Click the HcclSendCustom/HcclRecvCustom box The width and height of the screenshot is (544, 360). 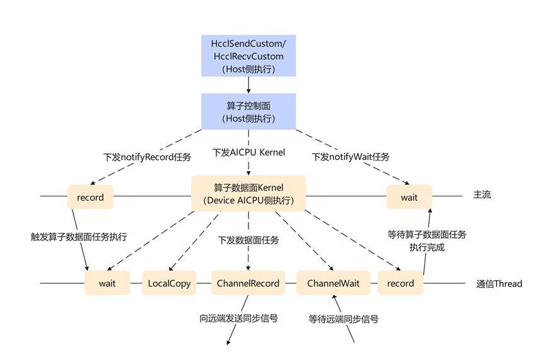[x=248, y=56]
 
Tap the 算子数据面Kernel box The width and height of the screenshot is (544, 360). [x=248, y=193]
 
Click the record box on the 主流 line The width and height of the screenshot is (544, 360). [x=90, y=197]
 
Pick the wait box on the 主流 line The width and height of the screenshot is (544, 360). [x=409, y=197]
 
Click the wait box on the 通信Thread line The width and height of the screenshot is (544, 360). [x=108, y=283]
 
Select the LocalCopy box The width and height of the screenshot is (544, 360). [x=169, y=283]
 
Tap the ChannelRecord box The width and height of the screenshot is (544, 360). [x=248, y=283]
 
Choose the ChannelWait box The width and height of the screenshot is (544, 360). [x=333, y=283]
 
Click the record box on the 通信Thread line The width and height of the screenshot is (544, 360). [x=401, y=283]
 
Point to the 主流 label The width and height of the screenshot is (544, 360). [x=482, y=195]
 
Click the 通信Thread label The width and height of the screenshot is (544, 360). [x=499, y=284]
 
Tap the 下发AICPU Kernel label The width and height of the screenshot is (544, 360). [x=248, y=152]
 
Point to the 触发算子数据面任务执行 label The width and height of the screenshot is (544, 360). [x=79, y=237]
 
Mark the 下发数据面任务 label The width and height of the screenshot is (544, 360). [x=248, y=240]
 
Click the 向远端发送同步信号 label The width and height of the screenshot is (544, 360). [x=238, y=318]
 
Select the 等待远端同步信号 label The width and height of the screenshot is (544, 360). [x=343, y=318]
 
